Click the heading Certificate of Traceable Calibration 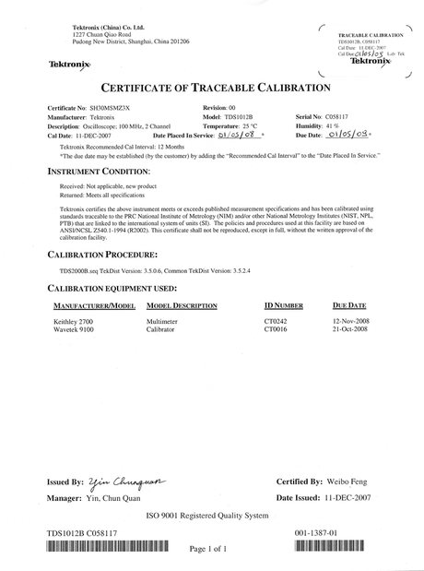point(211,89)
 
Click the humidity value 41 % point(334,125)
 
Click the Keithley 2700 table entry point(71,319)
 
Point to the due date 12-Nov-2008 point(350,319)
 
